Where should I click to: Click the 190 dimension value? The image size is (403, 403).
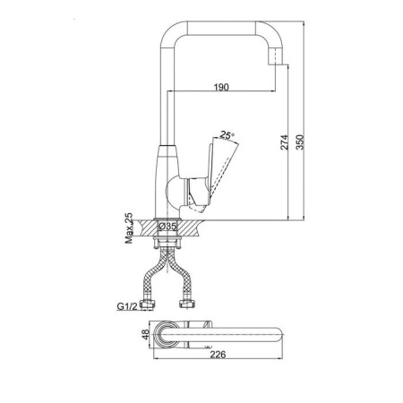pos(221,87)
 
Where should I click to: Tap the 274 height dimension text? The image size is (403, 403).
pos(285,142)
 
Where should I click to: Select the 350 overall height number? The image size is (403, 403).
pos(300,142)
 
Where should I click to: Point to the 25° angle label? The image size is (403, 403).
pos(227,135)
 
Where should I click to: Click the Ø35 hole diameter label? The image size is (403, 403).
pos(167,227)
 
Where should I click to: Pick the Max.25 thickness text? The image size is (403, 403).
pos(129,228)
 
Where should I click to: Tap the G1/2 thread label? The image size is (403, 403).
pos(127,306)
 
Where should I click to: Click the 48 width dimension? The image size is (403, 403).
pos(145,334)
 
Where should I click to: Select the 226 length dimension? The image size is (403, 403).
pos(218,355)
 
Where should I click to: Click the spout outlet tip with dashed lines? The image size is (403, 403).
pos(276,56)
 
